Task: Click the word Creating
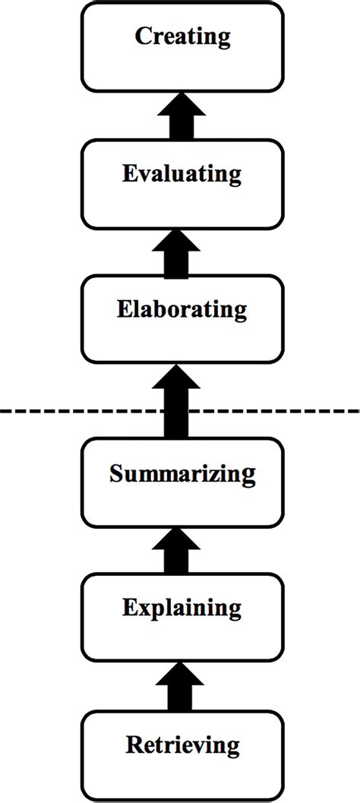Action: (x=182, y=36)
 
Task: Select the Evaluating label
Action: (x=182, y=173)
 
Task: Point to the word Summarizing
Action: (x=182, y=474)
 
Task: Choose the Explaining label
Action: (x=182, y=608)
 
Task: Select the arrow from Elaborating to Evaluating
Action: (x=181, y=253)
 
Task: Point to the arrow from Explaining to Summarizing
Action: (x=181, y=552)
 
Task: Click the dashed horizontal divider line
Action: (x=76, y=411)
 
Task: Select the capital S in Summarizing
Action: (x=115, y=474)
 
